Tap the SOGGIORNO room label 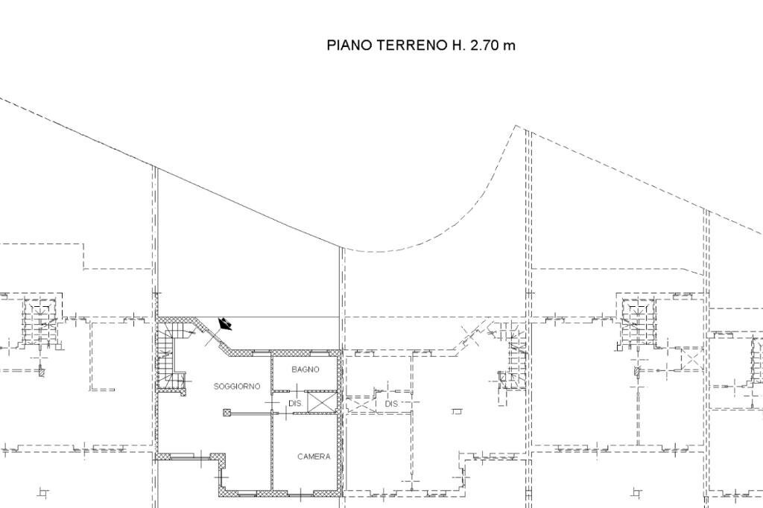237,387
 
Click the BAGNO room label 305,369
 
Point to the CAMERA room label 314,457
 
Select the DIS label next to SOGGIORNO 294,403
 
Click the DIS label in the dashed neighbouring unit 392,403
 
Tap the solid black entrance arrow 224,324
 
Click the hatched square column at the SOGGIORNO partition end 227,411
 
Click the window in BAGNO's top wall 305,352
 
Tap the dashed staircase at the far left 39,320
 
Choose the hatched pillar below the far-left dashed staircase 41,371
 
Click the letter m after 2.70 509,45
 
